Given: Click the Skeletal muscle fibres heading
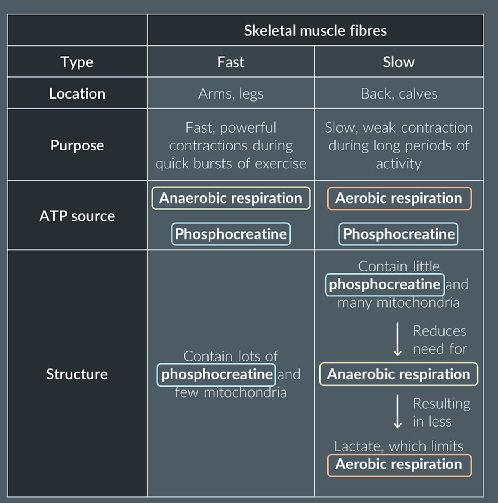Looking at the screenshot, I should pyautogui.click(x=315, y=31).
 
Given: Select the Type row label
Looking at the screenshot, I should pyautogui.click(x=77, y=62).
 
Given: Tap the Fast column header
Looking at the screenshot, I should pyautogui.click(x=231, y=62).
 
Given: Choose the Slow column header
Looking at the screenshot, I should pyautogui.click(x=398, y=62).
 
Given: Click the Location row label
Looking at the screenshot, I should pyautogui.click(x=77, y=93).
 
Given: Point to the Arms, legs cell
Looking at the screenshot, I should pyautogui.click(x=231, y=93).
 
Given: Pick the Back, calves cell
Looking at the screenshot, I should pyautogui.click(x=398, y=93).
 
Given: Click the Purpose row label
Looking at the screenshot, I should pyautogui.click(x=77, y=145).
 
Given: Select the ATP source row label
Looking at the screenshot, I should pyautogui.click(x=77, y=216).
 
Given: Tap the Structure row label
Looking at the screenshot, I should pyautogui.click(x=77, y=374).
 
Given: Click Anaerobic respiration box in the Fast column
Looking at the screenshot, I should pyautogui.click(x=231, y=198).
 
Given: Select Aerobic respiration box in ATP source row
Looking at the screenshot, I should pyautogui.click(x=399, y=198).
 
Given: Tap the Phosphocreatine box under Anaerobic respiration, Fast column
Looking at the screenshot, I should pyautogui.click(x=231, y=234).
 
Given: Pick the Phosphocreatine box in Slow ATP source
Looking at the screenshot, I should pyautogui.click(x=398, y=234).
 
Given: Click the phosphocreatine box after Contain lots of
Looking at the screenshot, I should pyautogui.click(x=216, y=374).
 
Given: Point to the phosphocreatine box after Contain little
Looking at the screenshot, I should pyautogui.click(x=384, y=284).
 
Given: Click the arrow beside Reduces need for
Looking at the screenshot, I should pyautogui.click(x=398, y=339).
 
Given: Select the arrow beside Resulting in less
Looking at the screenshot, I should pyautogui.click(x=398, y=411).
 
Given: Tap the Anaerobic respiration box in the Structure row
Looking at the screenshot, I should pyautogui.click(x=398, y=374).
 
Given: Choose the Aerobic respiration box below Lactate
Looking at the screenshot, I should pyautogui.click(x=399, y=464).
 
